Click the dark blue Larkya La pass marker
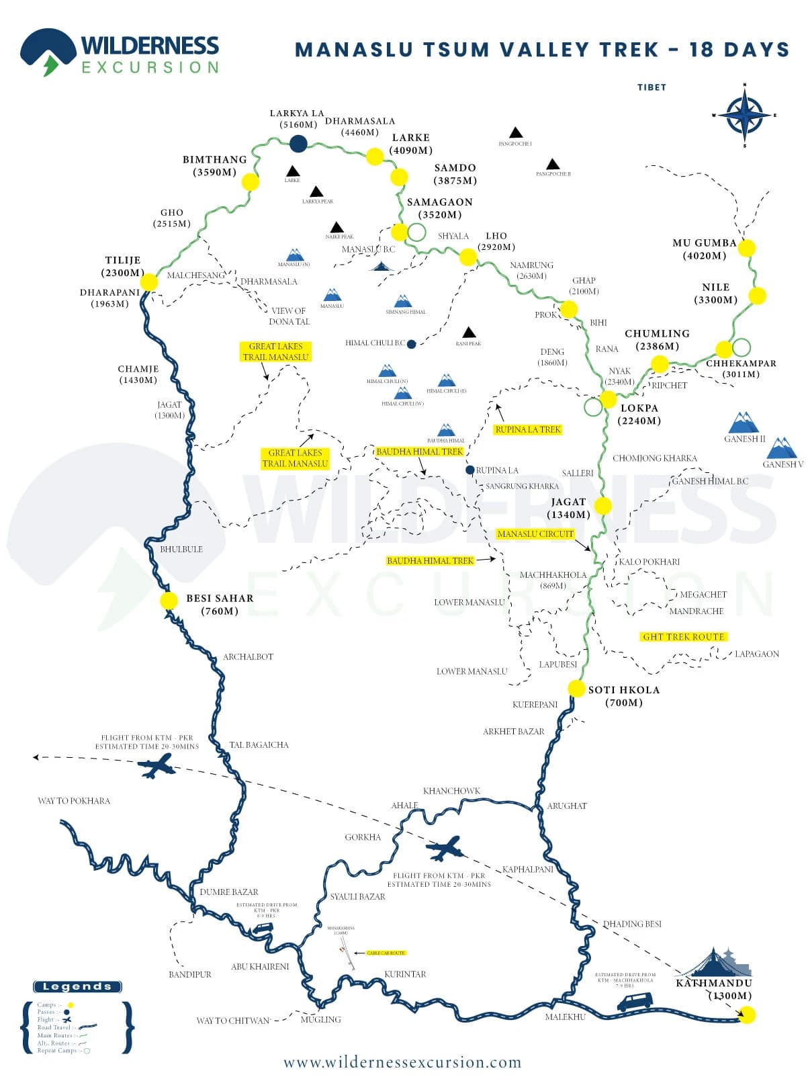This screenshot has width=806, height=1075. pos(298,142)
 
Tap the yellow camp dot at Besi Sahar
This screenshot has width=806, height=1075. pos(169,601)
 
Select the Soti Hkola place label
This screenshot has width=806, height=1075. pos(624,696)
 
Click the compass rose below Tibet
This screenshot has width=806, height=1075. pos(744,116)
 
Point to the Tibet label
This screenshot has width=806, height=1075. pos(652,87)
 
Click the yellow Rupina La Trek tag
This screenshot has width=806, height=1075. pos(527,429)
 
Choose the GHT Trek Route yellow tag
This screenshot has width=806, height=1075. pos(683,636)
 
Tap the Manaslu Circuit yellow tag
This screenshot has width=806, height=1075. pos(535,534)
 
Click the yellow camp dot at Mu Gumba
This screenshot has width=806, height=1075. pos(746,248)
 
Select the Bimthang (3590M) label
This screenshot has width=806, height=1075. pos(215,165)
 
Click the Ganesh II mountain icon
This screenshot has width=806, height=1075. pos(744,423)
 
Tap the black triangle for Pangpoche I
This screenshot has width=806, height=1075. pos(515,132)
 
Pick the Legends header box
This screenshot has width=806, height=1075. pos(77,986)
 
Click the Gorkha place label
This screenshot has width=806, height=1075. pos(363,837)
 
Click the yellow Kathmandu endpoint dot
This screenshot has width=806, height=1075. pos(746,1015)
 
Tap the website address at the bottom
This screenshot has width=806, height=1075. pos(402,1062)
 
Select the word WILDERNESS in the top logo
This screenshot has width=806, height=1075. pos(150,46)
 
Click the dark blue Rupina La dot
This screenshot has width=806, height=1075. pos(470,470)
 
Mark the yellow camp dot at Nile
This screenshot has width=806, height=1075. pos(758,296)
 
